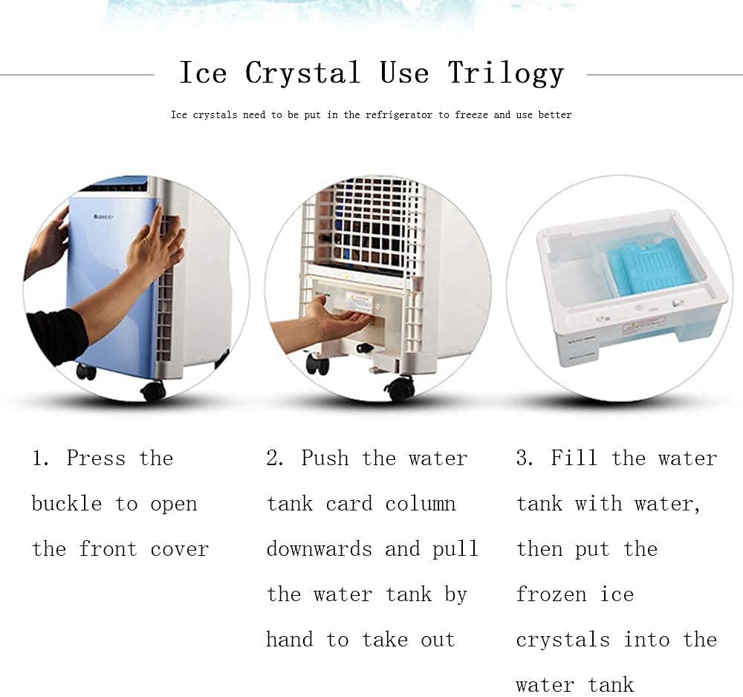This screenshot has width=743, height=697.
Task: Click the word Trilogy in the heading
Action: pos(505,74)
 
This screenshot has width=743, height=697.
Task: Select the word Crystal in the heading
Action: pos(303,74)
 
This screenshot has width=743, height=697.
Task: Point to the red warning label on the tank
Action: pos(643,325)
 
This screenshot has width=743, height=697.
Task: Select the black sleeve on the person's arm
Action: pos(56,334)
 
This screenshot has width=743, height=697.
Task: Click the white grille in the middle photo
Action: pos(364,223)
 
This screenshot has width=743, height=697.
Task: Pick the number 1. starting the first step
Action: pos(40,458)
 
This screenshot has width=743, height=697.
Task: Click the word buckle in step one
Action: pos(66,504)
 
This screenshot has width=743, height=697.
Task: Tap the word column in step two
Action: pos(420,504)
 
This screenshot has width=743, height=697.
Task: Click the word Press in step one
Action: pos(96,458)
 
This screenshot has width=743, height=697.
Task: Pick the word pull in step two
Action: pos(455,549)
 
